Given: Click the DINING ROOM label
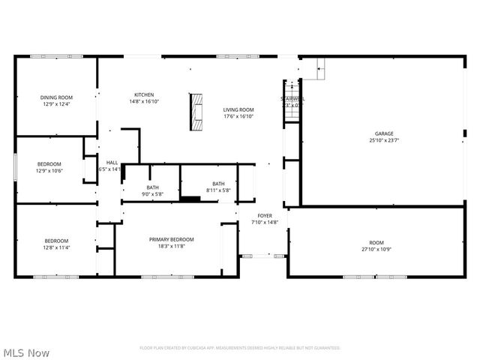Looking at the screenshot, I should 56,97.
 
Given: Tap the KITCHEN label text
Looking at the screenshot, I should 144,94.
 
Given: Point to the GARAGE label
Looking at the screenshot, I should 384,133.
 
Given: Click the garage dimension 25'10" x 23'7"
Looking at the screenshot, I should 384,140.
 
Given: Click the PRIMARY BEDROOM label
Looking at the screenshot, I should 171,239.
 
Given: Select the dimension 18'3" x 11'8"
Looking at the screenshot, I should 171,246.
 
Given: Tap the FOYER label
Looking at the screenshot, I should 264,215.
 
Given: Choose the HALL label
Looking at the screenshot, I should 112,162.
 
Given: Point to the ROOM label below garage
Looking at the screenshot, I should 376,243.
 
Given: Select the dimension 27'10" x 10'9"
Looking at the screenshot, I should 376,250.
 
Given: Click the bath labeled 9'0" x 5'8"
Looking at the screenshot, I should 153,187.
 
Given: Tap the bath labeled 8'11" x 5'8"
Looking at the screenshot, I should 218,184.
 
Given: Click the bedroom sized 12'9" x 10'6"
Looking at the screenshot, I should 49,163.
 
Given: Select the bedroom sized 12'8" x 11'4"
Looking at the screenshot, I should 56,240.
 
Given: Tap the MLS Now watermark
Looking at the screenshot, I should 27,352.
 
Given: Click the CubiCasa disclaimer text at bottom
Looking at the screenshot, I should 240,348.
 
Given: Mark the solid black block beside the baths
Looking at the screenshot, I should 190,199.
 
